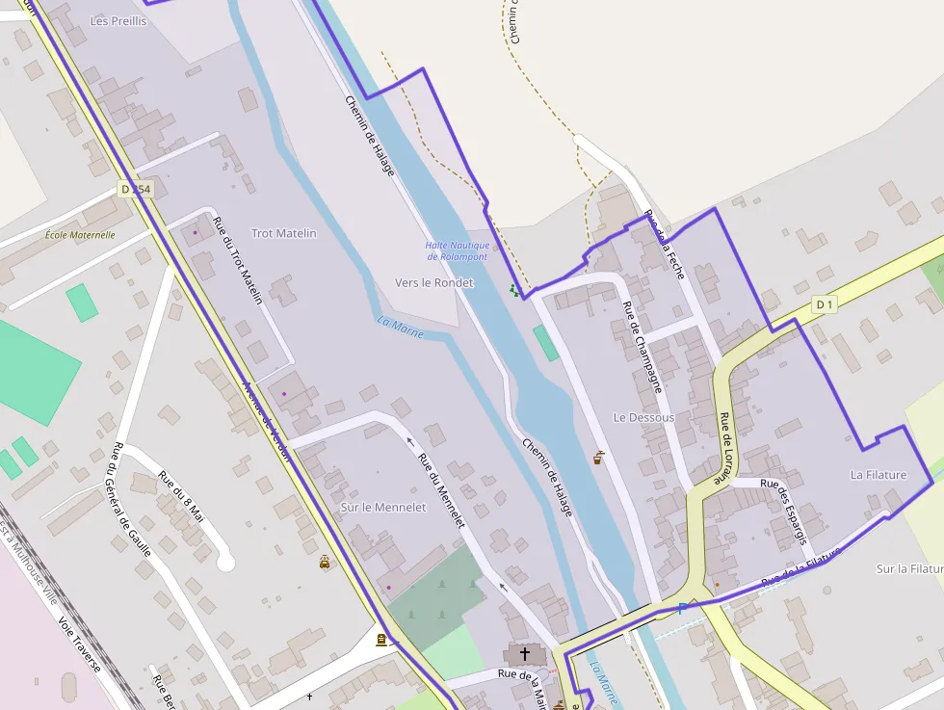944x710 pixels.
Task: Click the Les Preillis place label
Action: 118,20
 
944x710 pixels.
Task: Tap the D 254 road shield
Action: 137,190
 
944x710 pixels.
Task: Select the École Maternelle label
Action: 80,234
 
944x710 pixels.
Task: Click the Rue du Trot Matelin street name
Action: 237,260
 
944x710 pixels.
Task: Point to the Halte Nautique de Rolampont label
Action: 457,250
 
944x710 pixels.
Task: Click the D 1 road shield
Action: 824,305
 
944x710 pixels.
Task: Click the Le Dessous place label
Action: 643,417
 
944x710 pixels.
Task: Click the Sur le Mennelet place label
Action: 383,507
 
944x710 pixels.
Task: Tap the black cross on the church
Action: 524,654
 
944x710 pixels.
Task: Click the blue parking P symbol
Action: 683,608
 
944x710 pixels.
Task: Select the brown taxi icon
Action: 325,562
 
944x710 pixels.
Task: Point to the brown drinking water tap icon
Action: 598,458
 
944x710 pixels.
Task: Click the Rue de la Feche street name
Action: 665,245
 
